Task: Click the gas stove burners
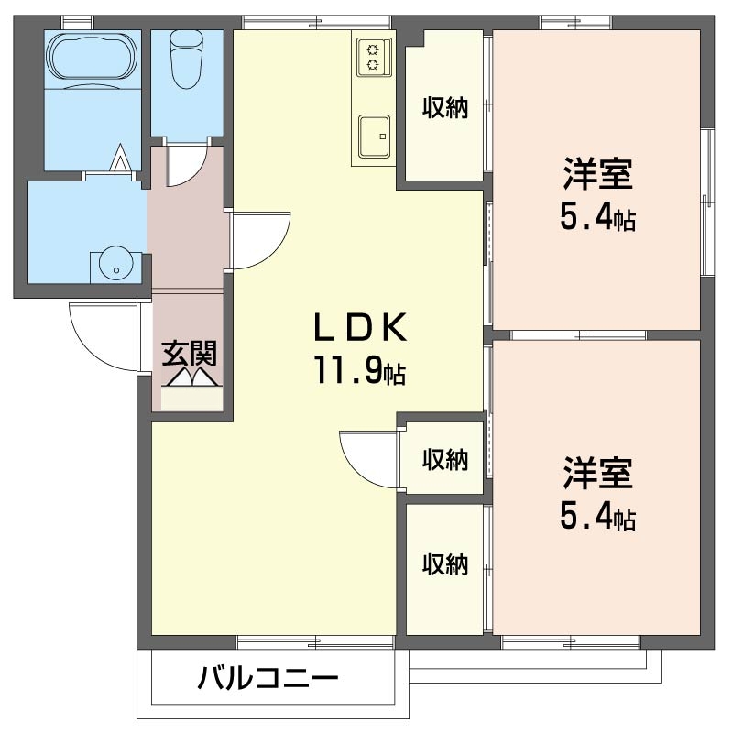click(x=373, y=54)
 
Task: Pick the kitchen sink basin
click(x=374, y=136)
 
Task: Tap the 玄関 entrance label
click(x=190, y=352)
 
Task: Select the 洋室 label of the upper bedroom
click(x=597, y=174)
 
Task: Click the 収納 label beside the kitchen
click(x=444, y=108)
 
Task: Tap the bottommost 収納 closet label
click(x=444, y=564)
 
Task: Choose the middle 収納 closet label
click(x=444, y=459)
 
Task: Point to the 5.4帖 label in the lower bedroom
click(x=597, y=519)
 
